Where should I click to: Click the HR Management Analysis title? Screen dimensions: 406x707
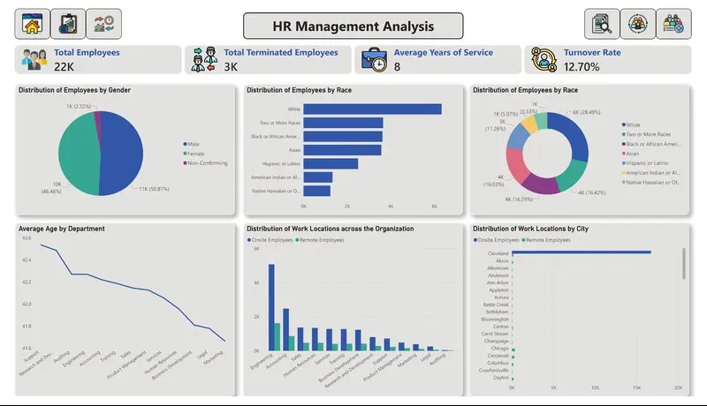coord(353,26)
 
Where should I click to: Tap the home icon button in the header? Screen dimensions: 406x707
coord(32,25)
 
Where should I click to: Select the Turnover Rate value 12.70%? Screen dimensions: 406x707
coord(582,66)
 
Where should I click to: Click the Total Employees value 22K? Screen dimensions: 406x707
coord(64,66)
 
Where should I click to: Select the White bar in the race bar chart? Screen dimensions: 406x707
coord(372,109)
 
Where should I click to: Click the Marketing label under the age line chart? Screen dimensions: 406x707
coord(213,358)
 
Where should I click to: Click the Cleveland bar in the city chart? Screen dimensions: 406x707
coord(581,252)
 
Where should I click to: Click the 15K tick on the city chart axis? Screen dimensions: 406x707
coord(636,388)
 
